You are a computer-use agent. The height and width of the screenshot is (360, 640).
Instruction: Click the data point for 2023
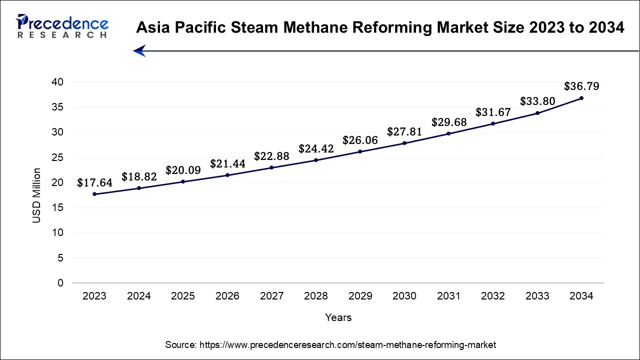94,194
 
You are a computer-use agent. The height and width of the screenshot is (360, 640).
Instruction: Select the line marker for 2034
581,98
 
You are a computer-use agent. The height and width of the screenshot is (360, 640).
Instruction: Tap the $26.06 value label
360,141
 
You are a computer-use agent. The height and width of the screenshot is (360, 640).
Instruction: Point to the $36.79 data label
581,86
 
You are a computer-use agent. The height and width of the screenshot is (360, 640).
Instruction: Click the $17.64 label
94,183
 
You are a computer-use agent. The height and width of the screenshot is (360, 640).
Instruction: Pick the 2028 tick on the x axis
316,296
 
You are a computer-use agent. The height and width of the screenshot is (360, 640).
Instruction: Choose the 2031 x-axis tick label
448,296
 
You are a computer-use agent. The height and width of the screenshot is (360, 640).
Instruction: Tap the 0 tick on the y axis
60,283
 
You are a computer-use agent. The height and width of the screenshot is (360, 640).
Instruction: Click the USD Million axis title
36,195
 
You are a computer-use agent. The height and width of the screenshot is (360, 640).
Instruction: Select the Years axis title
338,317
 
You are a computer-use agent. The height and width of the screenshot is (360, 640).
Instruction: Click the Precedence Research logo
62,26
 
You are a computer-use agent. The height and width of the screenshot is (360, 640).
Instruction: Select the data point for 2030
404,143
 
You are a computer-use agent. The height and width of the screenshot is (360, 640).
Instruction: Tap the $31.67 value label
493,112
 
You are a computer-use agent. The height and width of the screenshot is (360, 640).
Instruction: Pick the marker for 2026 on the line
227,175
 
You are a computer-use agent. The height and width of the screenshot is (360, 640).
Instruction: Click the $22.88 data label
271,156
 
